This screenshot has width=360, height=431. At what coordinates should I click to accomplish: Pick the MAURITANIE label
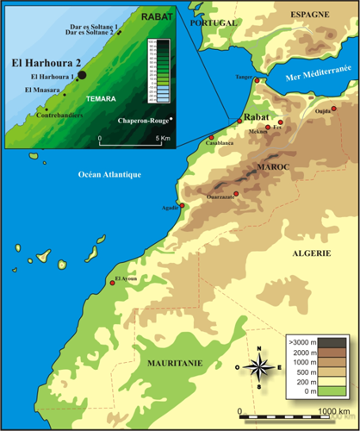[176, 364]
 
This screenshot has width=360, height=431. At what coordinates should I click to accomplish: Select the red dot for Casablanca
[210, 137]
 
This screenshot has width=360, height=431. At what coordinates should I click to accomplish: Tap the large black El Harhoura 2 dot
[84, 75]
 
